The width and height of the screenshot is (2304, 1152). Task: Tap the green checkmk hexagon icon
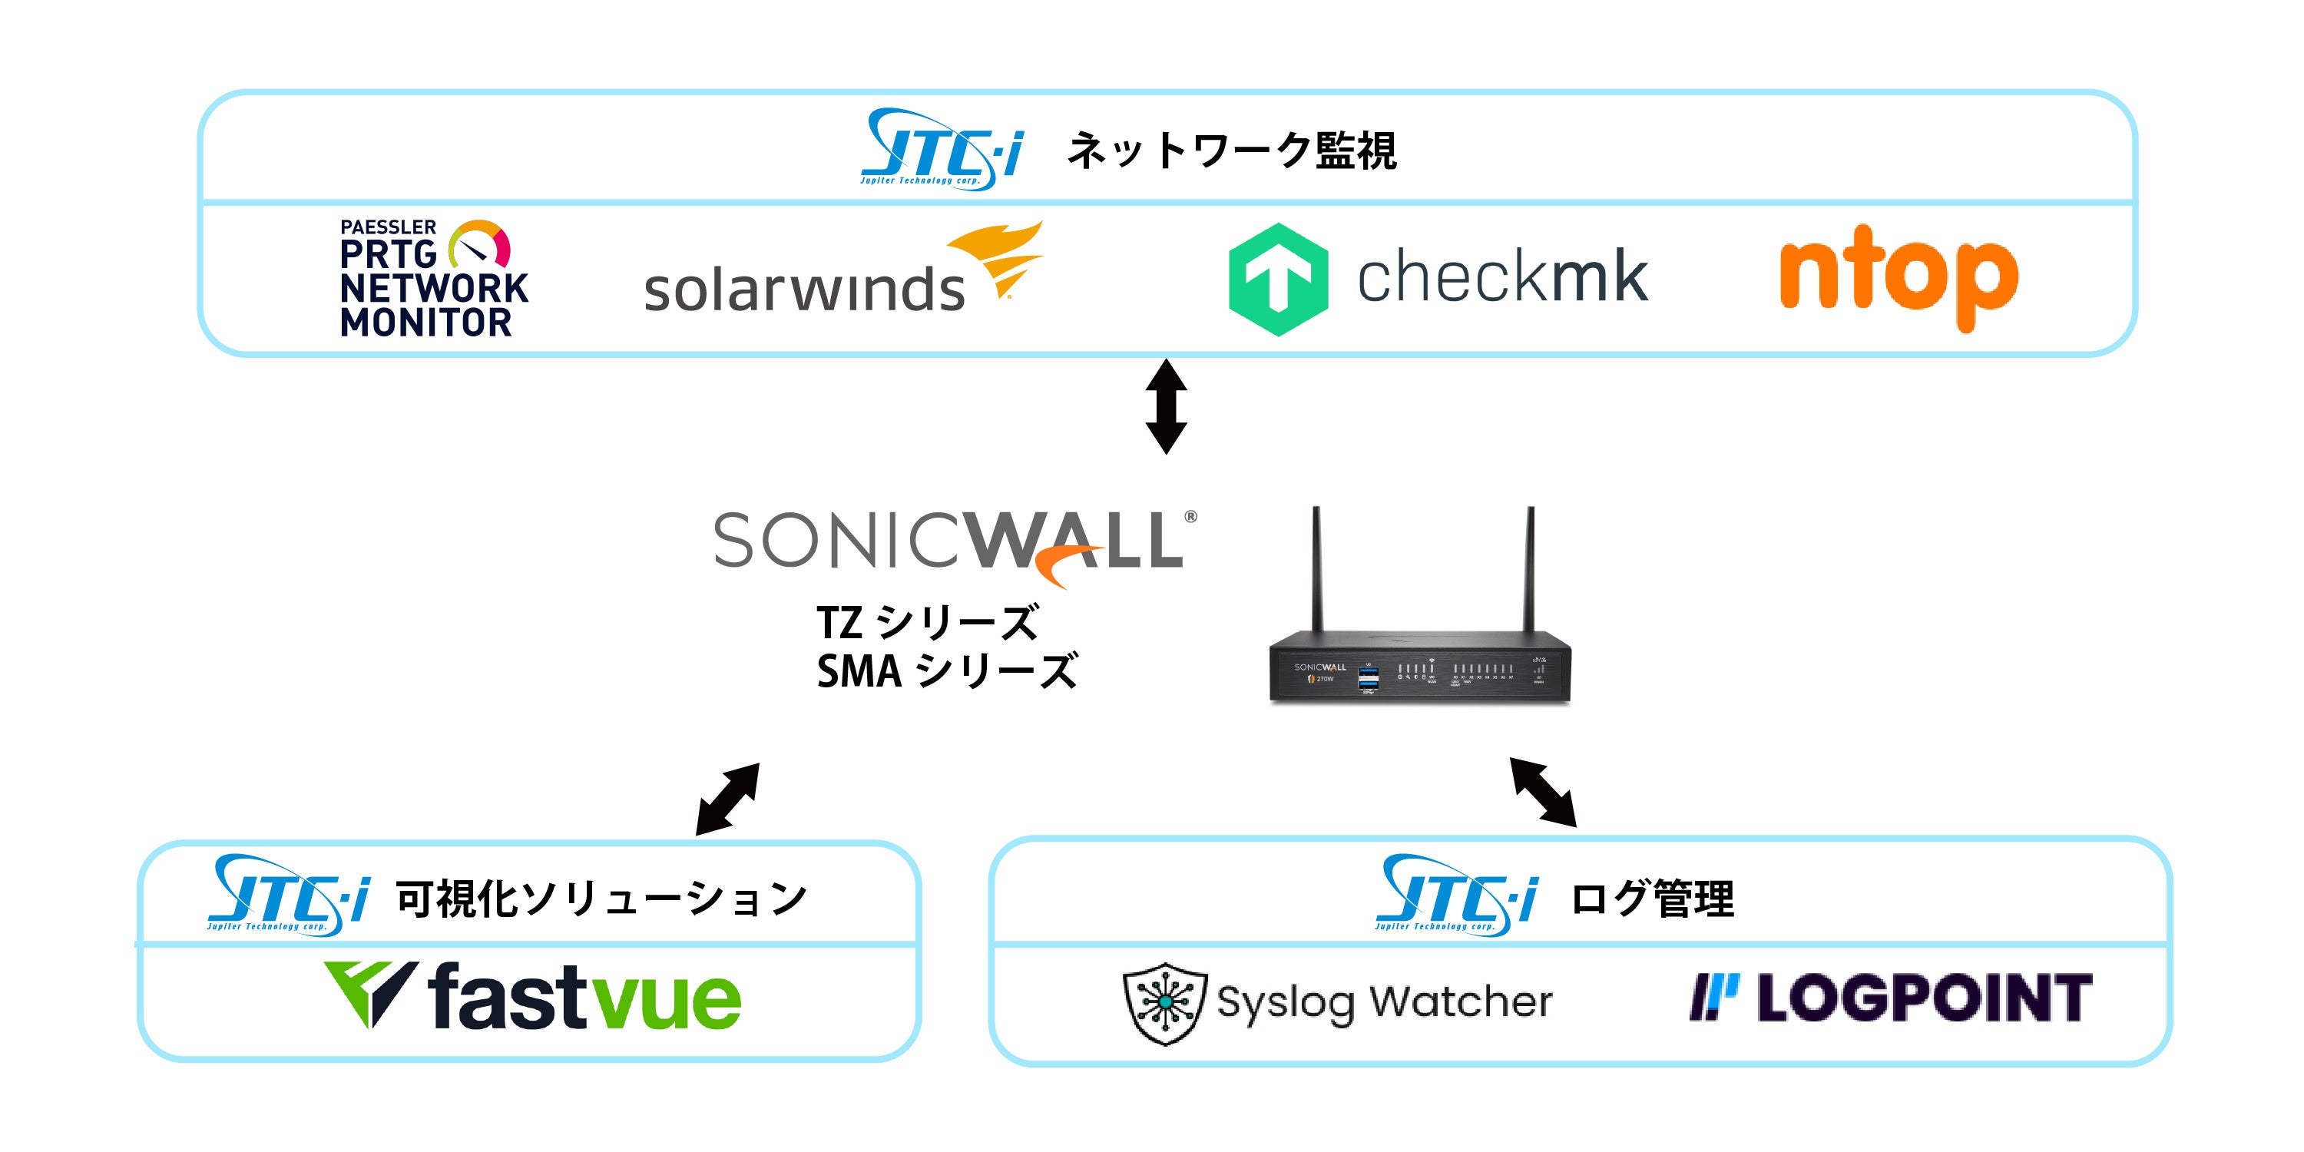(x=1277, y=279)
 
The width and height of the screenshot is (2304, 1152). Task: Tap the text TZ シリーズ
(x=927, y=623)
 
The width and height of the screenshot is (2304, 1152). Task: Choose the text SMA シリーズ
(x=946, y=670)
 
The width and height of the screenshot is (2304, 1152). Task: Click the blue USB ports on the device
(x=1368, y=679)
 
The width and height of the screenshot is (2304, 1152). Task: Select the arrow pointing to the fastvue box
(x=727, y=799)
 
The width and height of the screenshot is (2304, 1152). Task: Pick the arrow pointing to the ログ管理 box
(x=1543, y=792)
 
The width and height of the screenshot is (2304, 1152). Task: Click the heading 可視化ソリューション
(x=601, y=899)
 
